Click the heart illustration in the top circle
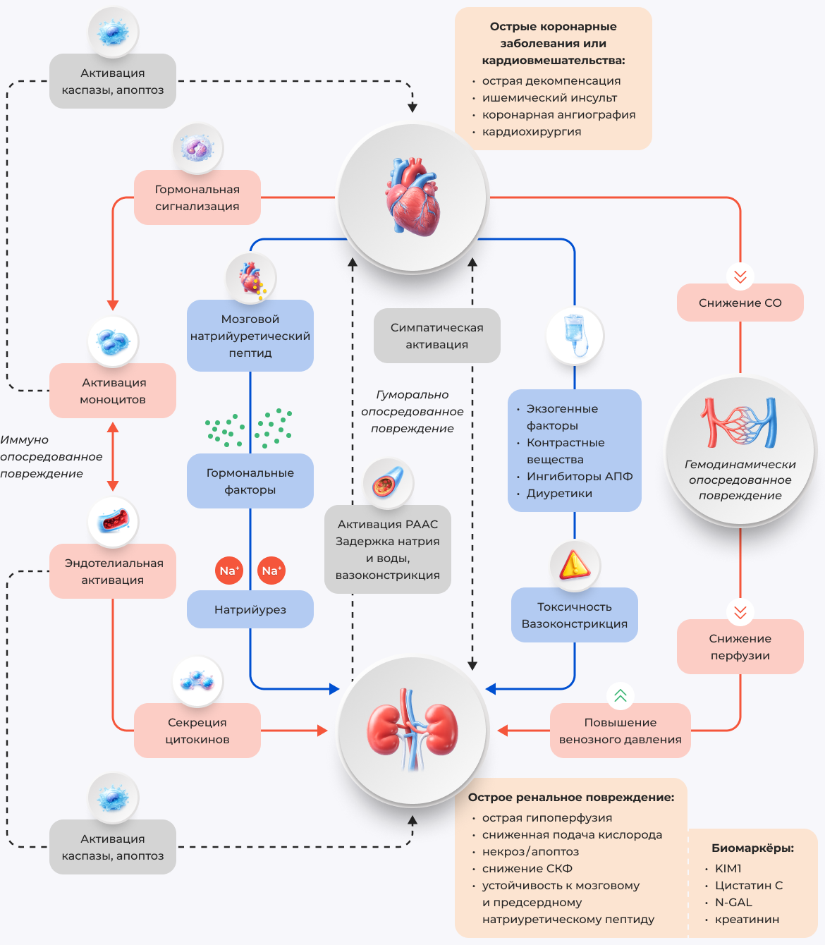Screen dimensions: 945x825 (412, 197)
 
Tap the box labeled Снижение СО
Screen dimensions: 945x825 (740, 303)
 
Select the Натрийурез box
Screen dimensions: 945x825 (250, 609)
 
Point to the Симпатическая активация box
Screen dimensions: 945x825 (436, 336)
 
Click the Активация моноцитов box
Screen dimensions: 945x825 (113, 391)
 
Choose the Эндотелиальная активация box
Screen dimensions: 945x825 (113, 571)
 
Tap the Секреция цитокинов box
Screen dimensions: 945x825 (197, 731)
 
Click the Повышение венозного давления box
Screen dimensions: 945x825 (620, 731)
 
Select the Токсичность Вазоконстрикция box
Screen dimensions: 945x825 (574, 615)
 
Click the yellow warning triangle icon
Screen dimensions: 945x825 (575, 565)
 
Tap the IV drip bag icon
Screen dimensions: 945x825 (575, 335)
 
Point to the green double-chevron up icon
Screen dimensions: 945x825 (621, 696)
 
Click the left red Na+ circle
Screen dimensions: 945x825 (229, 571)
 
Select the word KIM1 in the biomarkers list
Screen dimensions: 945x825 (728, 868)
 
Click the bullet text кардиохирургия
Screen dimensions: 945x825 (531, 132)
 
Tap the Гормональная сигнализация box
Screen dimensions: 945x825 (197, 197)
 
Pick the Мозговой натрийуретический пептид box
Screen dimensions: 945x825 (250, 336)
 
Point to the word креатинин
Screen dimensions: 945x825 (747, 919)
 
